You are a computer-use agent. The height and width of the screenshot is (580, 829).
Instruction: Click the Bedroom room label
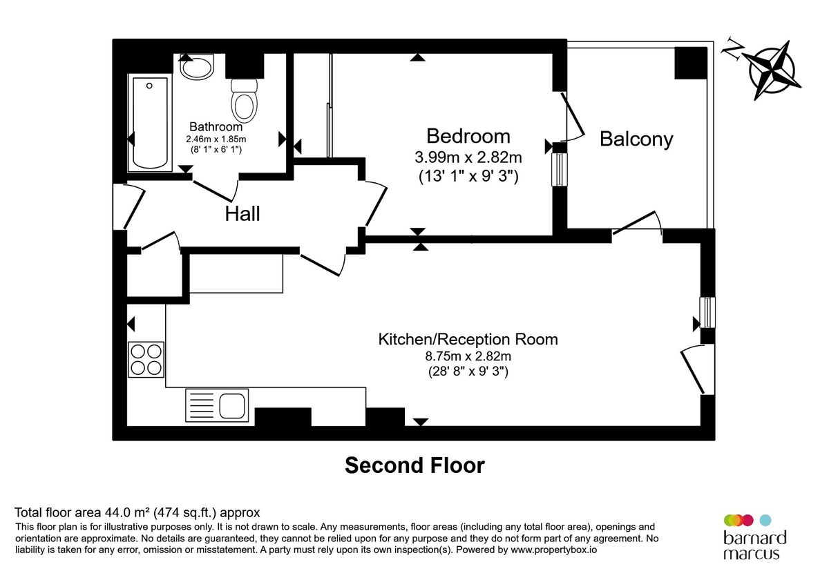pos(468,135)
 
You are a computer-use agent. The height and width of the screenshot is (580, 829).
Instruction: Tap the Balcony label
pos(636,139)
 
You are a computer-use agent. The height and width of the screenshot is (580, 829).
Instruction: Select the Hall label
pos(242,214)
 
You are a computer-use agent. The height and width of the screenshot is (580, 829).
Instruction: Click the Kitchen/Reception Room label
pos(468,339)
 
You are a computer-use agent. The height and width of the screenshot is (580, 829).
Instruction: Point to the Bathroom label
pos(216,127)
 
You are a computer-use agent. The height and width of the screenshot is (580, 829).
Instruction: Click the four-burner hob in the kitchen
pos(146,359)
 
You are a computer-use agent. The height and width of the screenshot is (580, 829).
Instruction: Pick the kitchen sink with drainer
pos(216,405)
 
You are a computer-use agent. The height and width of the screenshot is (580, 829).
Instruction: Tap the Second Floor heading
pos(414,465)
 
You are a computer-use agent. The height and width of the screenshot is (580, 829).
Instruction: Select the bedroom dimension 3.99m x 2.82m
pos(468,157)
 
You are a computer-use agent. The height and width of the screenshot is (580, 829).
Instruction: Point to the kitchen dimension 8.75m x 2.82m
pos(468,356)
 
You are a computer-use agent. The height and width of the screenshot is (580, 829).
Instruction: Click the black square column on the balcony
pos(690,63)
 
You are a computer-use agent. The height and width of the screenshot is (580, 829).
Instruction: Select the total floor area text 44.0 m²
pos(137,512)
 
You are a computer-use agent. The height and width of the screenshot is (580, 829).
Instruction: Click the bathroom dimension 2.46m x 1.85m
pos(216,139)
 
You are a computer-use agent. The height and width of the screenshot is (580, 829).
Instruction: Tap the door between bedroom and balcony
pos(574,117)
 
